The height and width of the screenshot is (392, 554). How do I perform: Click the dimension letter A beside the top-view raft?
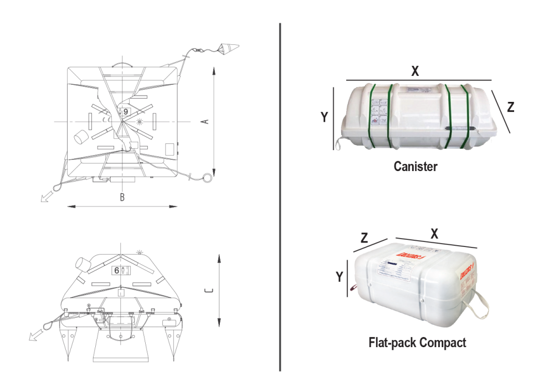click(206, 121)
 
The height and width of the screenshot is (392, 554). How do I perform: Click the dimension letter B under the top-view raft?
click(122, 197)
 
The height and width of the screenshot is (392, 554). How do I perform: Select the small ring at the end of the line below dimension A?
click(207, 178)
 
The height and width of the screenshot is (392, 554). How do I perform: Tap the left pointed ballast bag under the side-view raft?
click(70, 339)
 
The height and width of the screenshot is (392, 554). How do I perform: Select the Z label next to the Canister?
click(510, 107)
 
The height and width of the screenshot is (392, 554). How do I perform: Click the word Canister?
click(415, 166)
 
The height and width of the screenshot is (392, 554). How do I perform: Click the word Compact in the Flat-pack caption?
click(443, 342)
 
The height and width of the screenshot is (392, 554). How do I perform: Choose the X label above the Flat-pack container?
click(434, 234)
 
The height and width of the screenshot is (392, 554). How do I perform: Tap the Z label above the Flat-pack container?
click(364, 238)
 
